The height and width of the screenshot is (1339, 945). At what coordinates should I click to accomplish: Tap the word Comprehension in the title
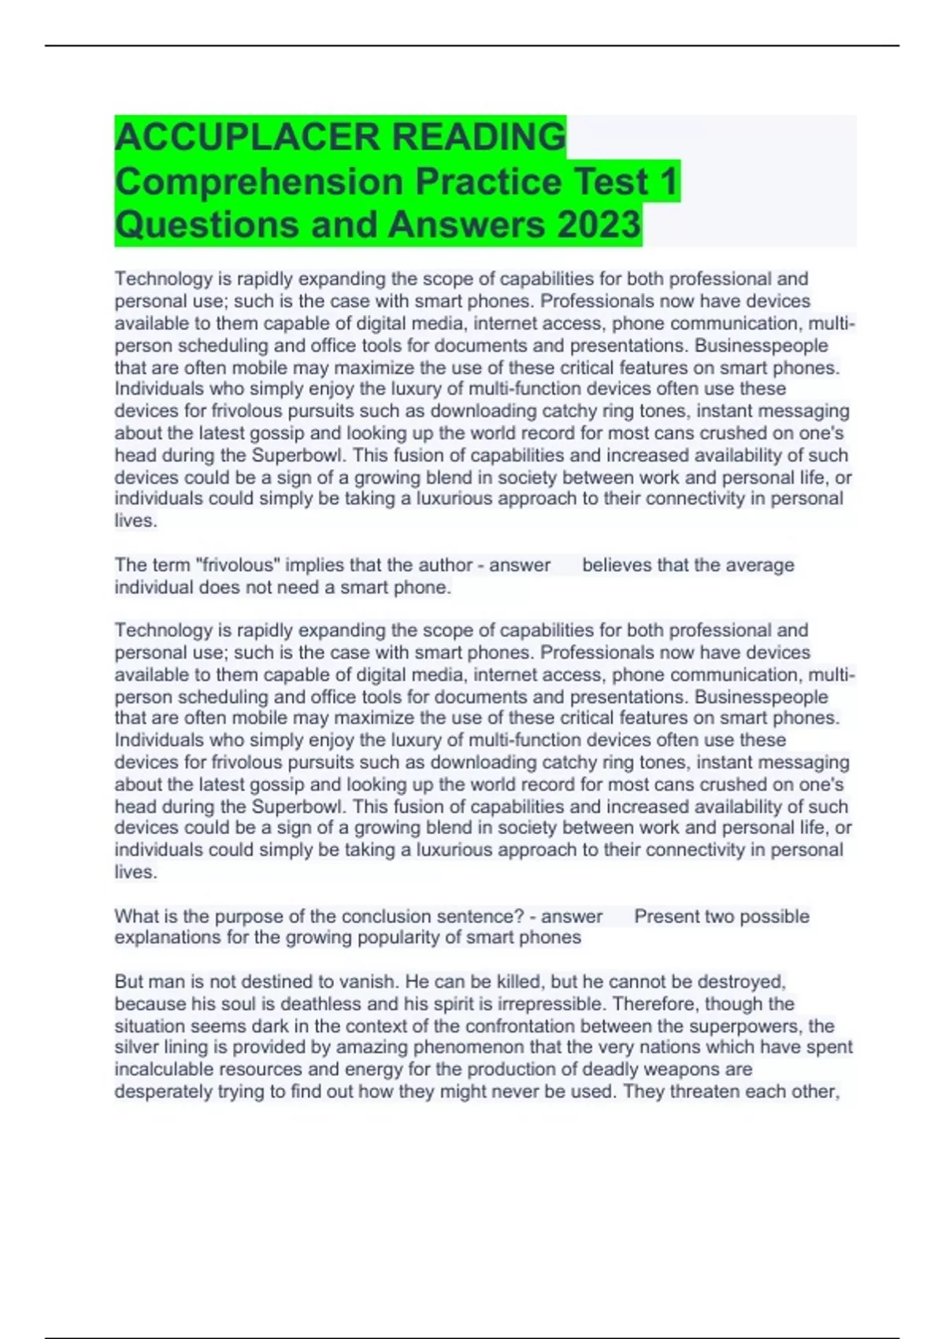pos(260,182)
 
